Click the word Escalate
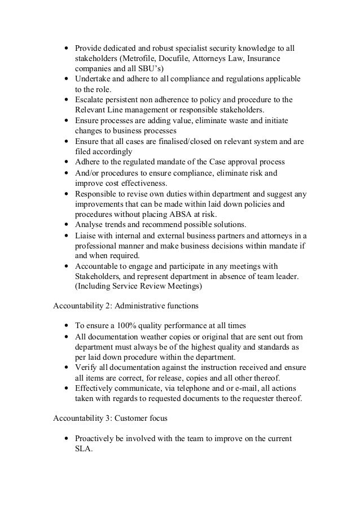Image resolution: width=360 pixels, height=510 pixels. click(x=91, y=99)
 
